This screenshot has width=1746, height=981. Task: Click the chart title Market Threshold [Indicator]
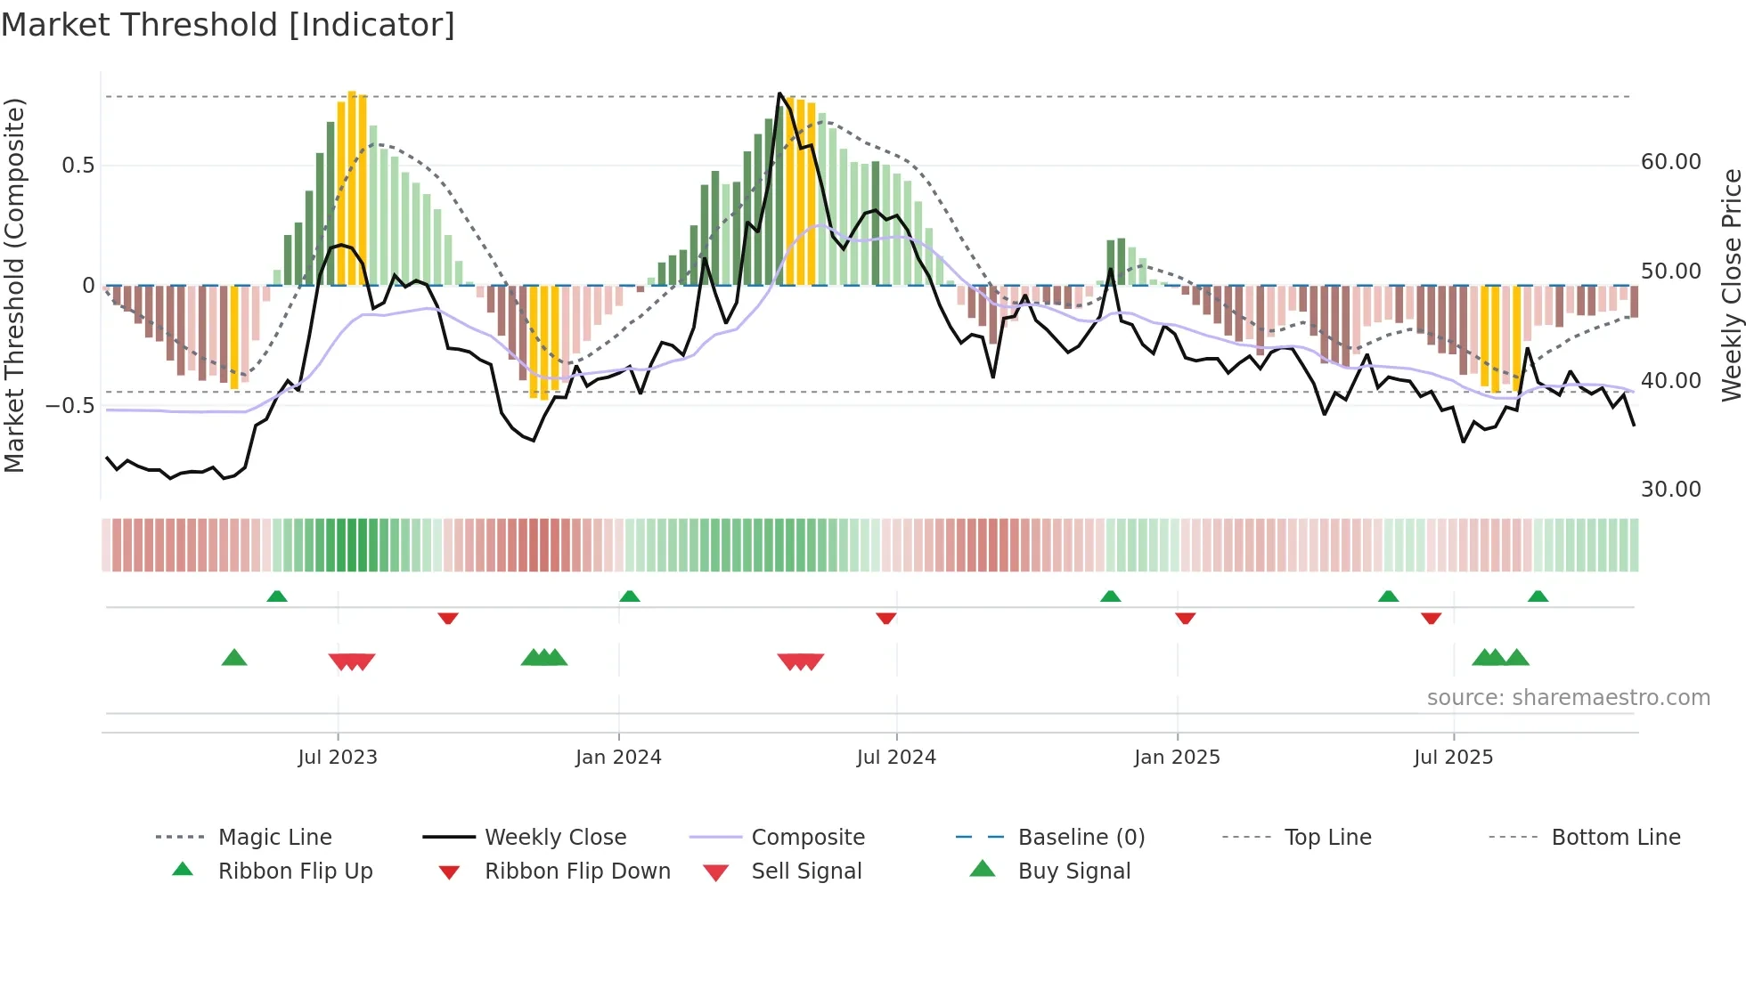click(228, 25)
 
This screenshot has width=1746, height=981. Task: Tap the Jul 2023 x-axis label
click(338, 758)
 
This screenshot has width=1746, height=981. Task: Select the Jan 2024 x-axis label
click(618, 758)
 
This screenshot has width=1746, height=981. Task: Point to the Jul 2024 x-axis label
click(896, 758)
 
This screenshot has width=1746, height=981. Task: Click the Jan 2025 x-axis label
click(1177, 758)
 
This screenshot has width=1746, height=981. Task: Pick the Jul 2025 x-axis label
click(1453, 758)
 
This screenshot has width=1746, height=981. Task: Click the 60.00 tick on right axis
click(1671, 162)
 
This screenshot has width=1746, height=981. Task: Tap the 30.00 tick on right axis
click(1671, 490)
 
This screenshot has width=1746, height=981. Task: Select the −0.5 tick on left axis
click(70, 406)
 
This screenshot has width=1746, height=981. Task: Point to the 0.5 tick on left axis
click(78, 166)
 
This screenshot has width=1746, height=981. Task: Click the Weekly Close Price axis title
click(1731, 285)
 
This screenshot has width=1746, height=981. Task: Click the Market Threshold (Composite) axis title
click(14, 285)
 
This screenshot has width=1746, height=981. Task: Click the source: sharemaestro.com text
click(1568, 698)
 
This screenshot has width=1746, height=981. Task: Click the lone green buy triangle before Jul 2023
click(234, 658)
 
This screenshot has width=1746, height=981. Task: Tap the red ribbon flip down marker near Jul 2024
click(885, 618)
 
